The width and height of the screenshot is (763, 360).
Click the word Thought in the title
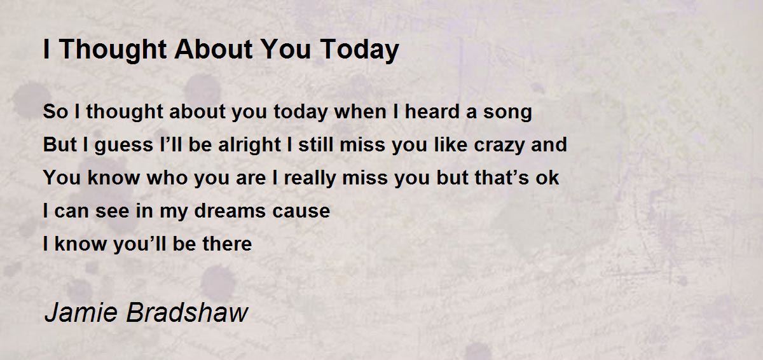pos(113,50)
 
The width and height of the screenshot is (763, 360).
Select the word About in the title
pos(214,49)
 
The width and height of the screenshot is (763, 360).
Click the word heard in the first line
pos(432,111)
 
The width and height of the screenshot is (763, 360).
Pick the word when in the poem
pos(360,111)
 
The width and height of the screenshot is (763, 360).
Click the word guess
pos(123,146)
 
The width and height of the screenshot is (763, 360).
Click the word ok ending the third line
pos(547,177)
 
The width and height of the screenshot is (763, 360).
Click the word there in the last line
pos(227,244)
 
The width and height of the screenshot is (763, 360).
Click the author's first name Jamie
pos(81,312)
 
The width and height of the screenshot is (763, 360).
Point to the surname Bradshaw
pos(187,312)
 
